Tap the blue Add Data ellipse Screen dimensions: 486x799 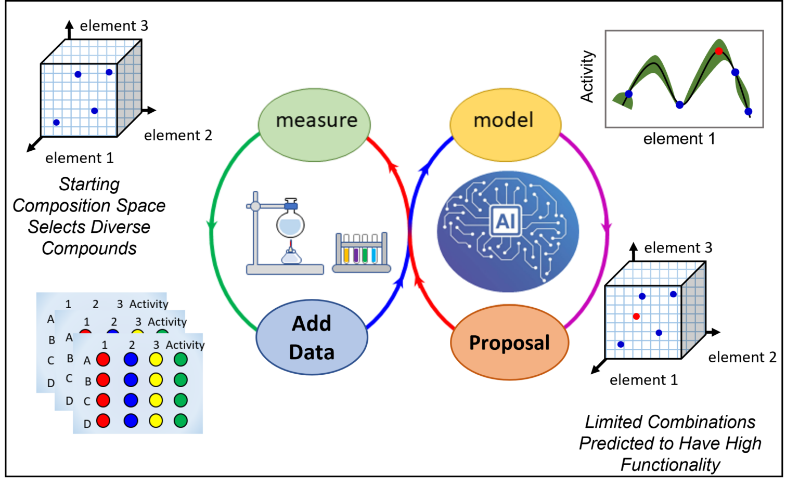(312, 337)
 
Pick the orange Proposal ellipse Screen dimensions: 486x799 (509, 343)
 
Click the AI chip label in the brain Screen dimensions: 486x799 (506, 221)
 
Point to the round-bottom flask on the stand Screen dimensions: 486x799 (290, 224)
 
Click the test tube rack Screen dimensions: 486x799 (362, 253)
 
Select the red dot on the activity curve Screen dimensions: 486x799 (718, 51)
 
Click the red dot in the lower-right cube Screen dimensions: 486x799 (636, 316)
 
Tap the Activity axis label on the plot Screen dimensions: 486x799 (587, 76)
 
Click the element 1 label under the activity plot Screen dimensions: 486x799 (679, 139)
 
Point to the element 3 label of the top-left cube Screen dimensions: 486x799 (114, 26)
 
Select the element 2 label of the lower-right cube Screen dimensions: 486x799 (742, 358)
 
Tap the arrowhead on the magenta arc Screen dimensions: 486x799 (606, 228)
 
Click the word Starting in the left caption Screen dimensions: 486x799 (89, 184)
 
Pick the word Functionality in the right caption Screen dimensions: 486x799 (670, 464)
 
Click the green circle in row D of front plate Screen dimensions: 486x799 (181, 421)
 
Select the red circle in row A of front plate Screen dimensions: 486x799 (104, 359)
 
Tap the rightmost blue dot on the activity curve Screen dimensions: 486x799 (748, 111)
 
